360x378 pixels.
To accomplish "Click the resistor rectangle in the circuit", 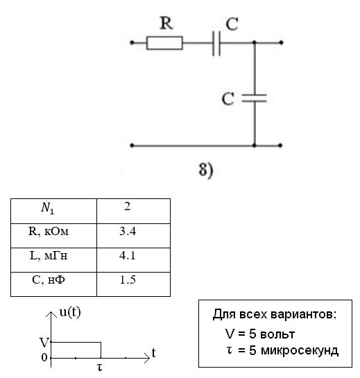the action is (x=164, y=43).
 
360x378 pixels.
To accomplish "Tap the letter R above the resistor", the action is (x=166, y=23).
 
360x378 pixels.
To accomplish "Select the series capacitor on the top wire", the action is (x=216, y=43).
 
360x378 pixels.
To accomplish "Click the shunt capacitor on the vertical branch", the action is (x=254, y=98).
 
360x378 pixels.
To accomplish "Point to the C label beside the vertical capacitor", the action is (x=228, y=98).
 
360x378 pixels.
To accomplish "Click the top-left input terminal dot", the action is (x=132, y=43).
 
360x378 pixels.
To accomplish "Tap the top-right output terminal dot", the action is (x=281, y=43).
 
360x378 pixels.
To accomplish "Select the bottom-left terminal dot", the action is (x=132, y=146).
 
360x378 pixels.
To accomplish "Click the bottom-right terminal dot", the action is (x=280, y=146).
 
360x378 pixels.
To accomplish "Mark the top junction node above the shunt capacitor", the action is (x=254, y=43).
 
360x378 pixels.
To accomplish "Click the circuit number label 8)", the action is (x=206, y=170).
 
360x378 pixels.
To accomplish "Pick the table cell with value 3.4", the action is (x=134, y=236).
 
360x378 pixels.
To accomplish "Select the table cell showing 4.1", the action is (x=134, y=260).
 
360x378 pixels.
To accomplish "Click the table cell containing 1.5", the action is (x=134, y=284).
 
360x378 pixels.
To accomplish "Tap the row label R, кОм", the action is (x=49, y=232).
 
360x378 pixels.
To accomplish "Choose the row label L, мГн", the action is (x=49, y=255).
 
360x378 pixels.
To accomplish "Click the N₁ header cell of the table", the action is (x=54, y=211).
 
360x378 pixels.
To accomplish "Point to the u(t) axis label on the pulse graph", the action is (x=70, y=312).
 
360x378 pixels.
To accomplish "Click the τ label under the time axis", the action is (x=99, y=367).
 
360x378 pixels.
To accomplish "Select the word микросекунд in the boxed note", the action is (x=300, y=350).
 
